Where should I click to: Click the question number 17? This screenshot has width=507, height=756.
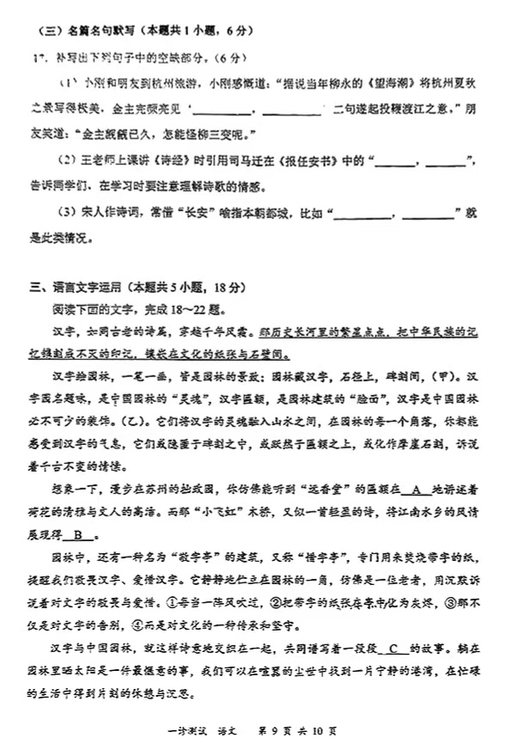pos(37,58)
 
